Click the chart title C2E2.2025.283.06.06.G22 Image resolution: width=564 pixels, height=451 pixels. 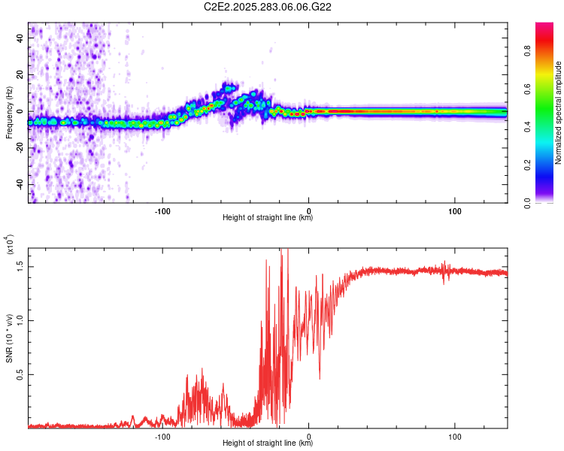click(268, 7)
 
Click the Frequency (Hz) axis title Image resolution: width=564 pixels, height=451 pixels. click(9, 113)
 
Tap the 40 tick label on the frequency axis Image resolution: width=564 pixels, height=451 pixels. click(21, 38)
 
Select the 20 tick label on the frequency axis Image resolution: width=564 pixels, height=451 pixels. click(21, 74)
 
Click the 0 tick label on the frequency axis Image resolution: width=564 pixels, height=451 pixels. click(21, 111)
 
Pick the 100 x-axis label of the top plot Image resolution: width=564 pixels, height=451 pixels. click(454, 210)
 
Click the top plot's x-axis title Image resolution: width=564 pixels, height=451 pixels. click(268, 218)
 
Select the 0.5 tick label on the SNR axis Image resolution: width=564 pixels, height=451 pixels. click(20, 374)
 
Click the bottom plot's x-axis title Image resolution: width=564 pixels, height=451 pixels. click(268, 443)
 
